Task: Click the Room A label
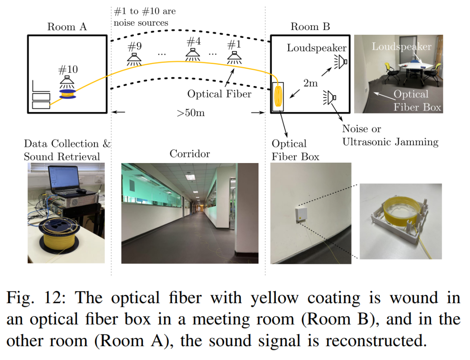click(67, 27)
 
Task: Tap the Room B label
click(310, 27)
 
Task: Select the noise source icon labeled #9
click(134, 58)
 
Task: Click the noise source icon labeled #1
click(234, 57)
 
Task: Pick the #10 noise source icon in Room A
click(67, 81)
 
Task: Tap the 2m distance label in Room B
click(310, 83)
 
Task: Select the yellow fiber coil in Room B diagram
click(278, 97)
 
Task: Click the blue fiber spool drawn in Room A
click(67, 94)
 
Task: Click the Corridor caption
click(190, 154)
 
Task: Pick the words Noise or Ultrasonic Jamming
click(390, 135)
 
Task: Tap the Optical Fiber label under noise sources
click(219, 93)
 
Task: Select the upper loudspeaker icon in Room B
click(340, 62)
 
